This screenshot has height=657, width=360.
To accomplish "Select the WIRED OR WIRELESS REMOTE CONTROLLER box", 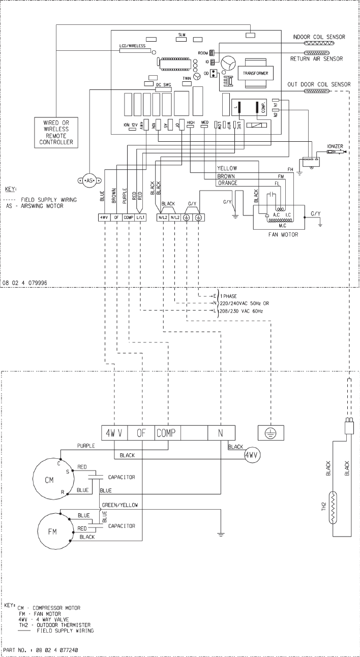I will click(56, 133).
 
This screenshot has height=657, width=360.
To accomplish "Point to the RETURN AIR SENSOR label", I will click(316, 59).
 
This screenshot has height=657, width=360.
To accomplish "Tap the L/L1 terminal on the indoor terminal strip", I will click(140, 218).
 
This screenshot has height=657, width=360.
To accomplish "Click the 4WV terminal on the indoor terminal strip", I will click(104, 218).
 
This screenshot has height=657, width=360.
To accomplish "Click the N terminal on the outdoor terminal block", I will click(221, 433).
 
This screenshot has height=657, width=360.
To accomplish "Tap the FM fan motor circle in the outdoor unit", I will click(52, 531).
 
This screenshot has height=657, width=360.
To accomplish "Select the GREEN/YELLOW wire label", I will click(119, 505).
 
